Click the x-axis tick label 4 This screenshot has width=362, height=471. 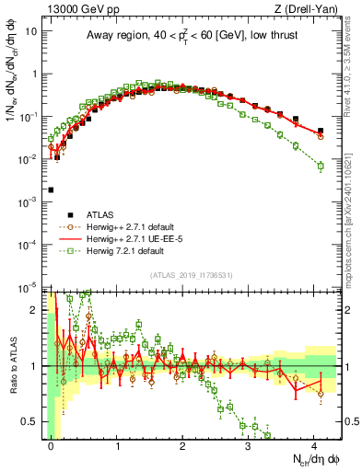click(x=314, y=445)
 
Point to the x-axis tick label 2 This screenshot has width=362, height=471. click(x=182, y=445)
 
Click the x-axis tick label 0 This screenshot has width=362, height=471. click(x=52, y=445)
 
